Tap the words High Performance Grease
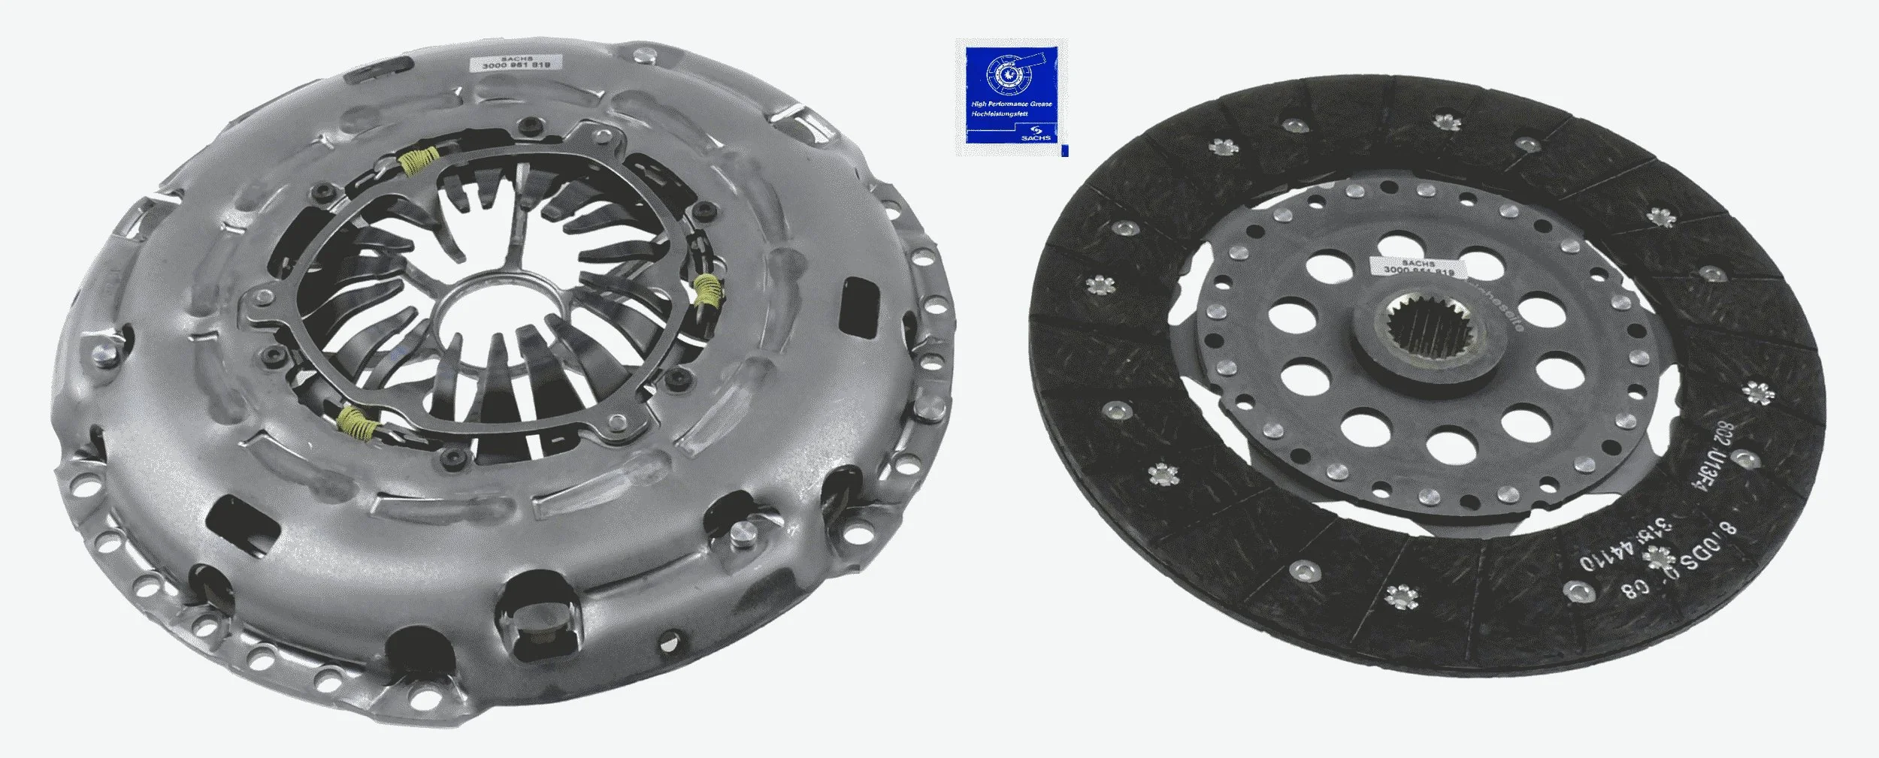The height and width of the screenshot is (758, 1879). click(x=1011, y=104)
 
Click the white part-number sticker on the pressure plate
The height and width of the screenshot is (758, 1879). click(x=510, y=62)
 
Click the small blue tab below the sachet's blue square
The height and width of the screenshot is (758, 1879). click(x=1064, y=153)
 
